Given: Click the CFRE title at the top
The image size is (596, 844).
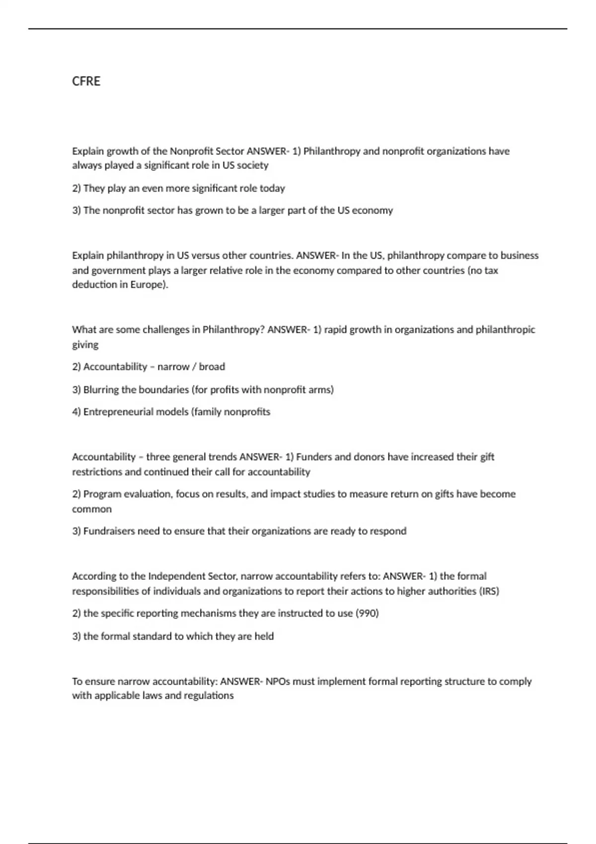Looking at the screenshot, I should (x=86, y=81).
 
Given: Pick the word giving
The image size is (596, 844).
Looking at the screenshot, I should (x=85, y=345).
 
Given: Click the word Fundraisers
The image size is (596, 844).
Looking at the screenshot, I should (x=109, y=531).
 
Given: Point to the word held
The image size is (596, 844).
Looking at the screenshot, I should (x=264, y=636).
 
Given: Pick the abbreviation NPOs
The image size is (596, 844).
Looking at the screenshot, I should (x=278, y=681).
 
